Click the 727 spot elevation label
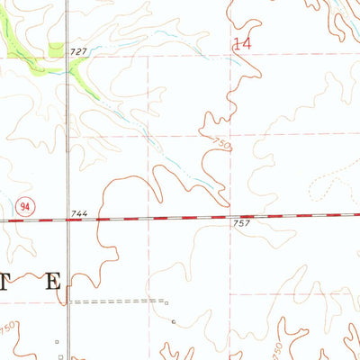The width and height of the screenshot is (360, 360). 78,52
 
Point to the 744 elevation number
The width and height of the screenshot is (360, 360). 79,212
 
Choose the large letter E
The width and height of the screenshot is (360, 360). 53,281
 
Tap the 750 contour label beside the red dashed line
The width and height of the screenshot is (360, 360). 221,143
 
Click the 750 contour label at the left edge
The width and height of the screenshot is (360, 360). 6,324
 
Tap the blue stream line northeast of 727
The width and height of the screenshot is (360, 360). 162,40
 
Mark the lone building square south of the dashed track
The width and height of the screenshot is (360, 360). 173,321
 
